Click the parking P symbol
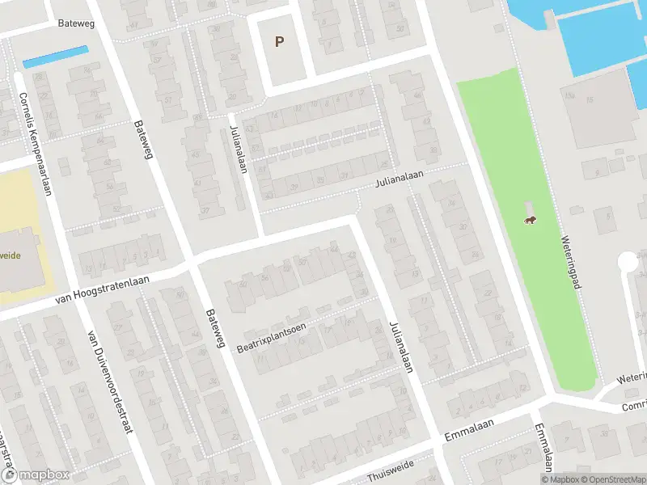280,42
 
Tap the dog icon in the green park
529,221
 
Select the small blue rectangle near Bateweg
55,57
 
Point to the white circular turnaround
628,262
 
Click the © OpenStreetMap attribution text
611,479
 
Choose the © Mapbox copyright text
558,479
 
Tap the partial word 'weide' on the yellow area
11,255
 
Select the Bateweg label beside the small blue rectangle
77,23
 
